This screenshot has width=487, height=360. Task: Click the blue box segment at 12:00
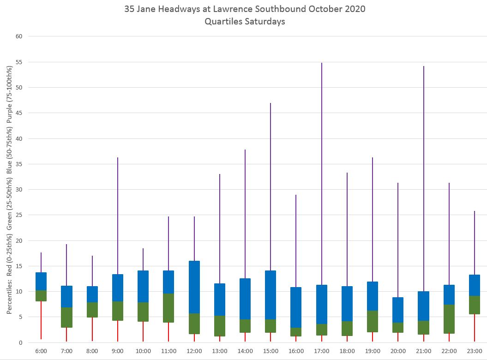click(x=194, y=287)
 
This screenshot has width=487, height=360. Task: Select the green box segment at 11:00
click(x=168, y=308)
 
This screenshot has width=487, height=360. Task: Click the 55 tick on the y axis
click(x=19, y=62)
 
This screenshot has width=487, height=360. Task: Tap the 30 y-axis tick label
click(x=19, y=190)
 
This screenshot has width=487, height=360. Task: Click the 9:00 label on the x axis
click(x=118, y=351)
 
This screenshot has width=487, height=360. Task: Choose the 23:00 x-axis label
click(x=475, y=351)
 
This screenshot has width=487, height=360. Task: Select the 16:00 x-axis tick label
click(x=296, y=351)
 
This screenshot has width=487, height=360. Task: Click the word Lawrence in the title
click(x=250, y=9)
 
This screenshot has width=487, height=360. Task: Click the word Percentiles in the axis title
click(x=9, y=293)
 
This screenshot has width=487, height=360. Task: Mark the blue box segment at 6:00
click(x=41, y=281)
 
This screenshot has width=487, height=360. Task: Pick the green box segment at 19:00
click(x=373, y=321)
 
